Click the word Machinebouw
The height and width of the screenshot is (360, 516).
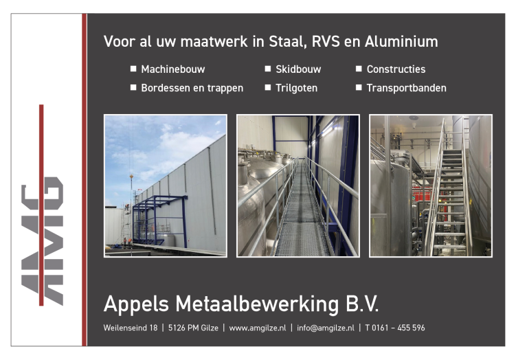(x=172, y=69)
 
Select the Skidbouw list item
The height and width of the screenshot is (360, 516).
(x=298, y=69)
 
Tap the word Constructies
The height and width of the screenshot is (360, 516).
(x=396, y=69)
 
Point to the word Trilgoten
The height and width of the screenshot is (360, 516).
(x=297, y=88)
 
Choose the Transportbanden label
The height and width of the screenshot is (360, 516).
(x=407, y=88)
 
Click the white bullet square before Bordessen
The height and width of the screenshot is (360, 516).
(x=133, y=87)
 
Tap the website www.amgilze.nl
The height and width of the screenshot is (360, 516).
(x=258, y=328)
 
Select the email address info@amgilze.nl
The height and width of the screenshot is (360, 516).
(x=326, y=328)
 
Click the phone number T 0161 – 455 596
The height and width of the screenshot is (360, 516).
(x=395, y=328)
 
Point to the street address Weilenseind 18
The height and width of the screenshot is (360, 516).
(x=131, y=328)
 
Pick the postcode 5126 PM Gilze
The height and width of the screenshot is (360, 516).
(x=193, y=328)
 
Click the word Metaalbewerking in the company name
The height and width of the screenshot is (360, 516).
(x=257, y=304)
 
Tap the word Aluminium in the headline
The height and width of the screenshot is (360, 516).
(x=401, y=41)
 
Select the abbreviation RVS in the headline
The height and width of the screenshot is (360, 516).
(x=326, y=41)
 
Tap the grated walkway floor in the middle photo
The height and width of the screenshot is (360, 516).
(x=301, y=217)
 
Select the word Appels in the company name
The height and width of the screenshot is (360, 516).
(x=136, y=304)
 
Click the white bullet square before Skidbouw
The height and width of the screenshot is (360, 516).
(x=268, y=69)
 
